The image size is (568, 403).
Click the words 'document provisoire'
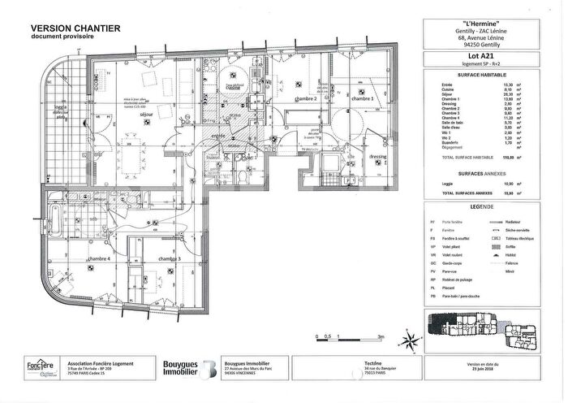pyautogui.click(x=58, y=37)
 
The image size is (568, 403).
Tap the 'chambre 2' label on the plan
pyautogui.click(x=305, y=98)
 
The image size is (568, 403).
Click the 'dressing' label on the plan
pyautogui.click(x=377, y=156)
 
